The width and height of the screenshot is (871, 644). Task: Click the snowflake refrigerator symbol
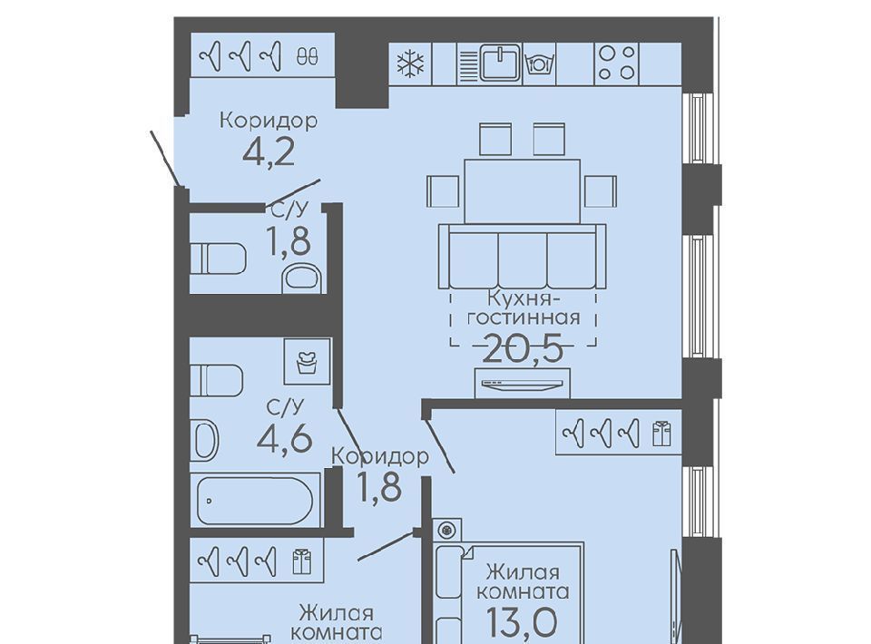tap(410, 63)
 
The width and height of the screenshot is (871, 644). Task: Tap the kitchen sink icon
tap(501, 63)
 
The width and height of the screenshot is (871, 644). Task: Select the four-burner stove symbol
tap(617, 63)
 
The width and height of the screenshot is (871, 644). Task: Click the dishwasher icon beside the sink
tap(539, 63)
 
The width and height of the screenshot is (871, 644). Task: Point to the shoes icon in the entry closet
tap(308, 56)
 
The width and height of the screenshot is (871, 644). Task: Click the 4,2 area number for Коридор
tap(269, 151)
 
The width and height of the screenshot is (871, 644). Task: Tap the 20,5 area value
tap(524, 349)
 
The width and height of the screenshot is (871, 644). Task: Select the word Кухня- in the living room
tap(523, 298)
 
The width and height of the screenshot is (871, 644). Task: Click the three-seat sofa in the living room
tap(523, 256)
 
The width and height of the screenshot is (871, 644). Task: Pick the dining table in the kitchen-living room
tap(523, 191)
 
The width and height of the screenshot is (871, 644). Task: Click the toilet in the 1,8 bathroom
tap(218, 259)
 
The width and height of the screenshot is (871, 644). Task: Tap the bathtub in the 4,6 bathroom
tap(256, 500)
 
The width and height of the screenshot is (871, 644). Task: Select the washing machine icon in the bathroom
tap(308, 361)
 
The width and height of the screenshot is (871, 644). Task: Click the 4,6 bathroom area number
tap(285, 439)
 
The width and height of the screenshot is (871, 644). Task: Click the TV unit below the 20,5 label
tap(523, 383)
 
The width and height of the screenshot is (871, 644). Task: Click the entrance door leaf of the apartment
tap(165, 159)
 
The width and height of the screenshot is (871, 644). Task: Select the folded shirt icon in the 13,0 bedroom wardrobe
tap(661, 434)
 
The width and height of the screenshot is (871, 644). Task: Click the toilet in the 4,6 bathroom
tap(217, 380)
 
